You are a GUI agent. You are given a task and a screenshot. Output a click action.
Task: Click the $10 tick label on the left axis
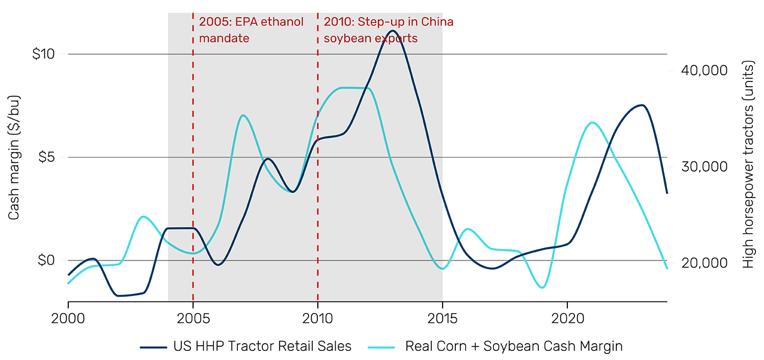click(x=43, y=54)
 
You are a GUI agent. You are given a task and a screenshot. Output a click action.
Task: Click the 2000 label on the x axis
click(x=68, y=316)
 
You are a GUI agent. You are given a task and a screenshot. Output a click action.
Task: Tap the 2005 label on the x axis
click(x=193, y=316)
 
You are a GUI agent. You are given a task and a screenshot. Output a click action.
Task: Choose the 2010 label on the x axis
click(x=318, y=316)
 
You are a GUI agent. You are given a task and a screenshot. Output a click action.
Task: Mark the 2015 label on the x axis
click(x=443, y=316)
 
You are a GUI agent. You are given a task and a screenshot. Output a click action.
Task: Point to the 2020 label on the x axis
click(x=567, y=316)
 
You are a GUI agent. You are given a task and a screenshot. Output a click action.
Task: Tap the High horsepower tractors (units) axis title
click(x=748, y=165)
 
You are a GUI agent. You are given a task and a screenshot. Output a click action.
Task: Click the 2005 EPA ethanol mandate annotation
click(x=251, y=30)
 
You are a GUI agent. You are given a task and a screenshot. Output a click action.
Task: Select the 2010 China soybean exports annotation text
click(x=388, y=30)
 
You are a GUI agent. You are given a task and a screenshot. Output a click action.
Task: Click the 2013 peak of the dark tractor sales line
click(x=393, y=31)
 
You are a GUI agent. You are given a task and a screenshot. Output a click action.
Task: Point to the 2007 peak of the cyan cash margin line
click(x=243, y=115)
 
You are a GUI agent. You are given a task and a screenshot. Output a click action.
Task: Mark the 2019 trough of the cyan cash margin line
click(x=542, y=288)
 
